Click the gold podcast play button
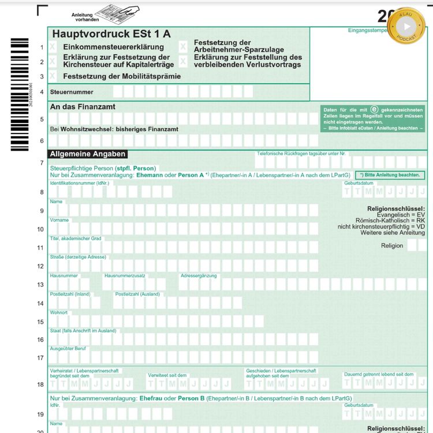click(x=406, y=26)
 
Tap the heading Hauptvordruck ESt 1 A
click(x=111, y=34)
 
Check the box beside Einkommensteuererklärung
click(x=53, y=47)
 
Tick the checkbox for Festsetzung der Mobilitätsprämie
click(x=53, y=76)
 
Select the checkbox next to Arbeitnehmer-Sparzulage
click(x=183, y=47)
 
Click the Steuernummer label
click(x=72, y=92)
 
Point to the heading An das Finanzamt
click(x=83, y=107)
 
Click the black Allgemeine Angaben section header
click(x=88, y=154)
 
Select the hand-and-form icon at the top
click(x=117, y=12)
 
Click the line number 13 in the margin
click(x=40, y=285)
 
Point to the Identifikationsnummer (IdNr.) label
click(x=79, y=183)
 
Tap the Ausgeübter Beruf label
click(x=68, y=349)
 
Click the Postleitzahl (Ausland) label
click(x=137, y=294)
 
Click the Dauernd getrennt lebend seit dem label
click(x=379, y=374)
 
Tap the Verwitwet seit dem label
click(x=167, y=375)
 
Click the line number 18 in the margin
click(x=40, y=384)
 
